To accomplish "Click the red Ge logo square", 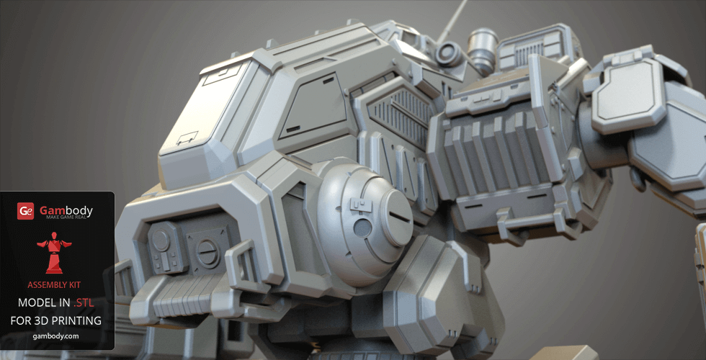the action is [x=25, y=211].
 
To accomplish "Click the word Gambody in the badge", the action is [x=66, y=210].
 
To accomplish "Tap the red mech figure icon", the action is [x=54, y=253].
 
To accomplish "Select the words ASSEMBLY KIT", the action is [x=54, y=285].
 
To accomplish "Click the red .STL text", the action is [x=84, y=303].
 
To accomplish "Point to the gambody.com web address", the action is [x=56, y=336].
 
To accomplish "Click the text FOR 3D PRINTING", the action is [x=56, y=320].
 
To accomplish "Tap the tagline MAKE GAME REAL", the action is [x=69, y=217].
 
